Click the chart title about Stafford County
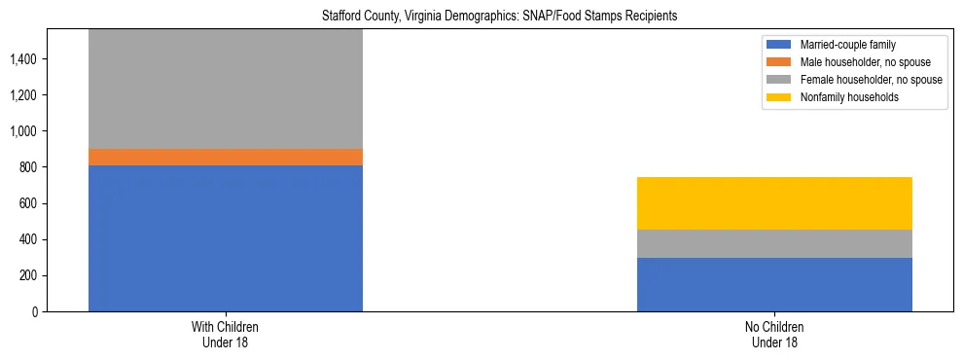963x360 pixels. pos(499,17)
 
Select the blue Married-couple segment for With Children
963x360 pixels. pos(226,238)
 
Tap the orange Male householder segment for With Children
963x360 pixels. pos(226,157)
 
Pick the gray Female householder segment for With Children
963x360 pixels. pos(226,89)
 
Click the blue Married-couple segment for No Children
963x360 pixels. pos(774,284)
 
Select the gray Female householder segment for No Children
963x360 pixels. pos(774,243)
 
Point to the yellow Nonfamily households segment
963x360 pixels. pos(774,203)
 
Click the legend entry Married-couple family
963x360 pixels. pos(845,45)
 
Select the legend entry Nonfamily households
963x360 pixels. pos(844,97)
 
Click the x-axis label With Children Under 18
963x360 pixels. pos(226,335)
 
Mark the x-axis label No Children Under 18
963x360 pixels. pos(774,335)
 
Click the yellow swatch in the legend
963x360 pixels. pos(779,97)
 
